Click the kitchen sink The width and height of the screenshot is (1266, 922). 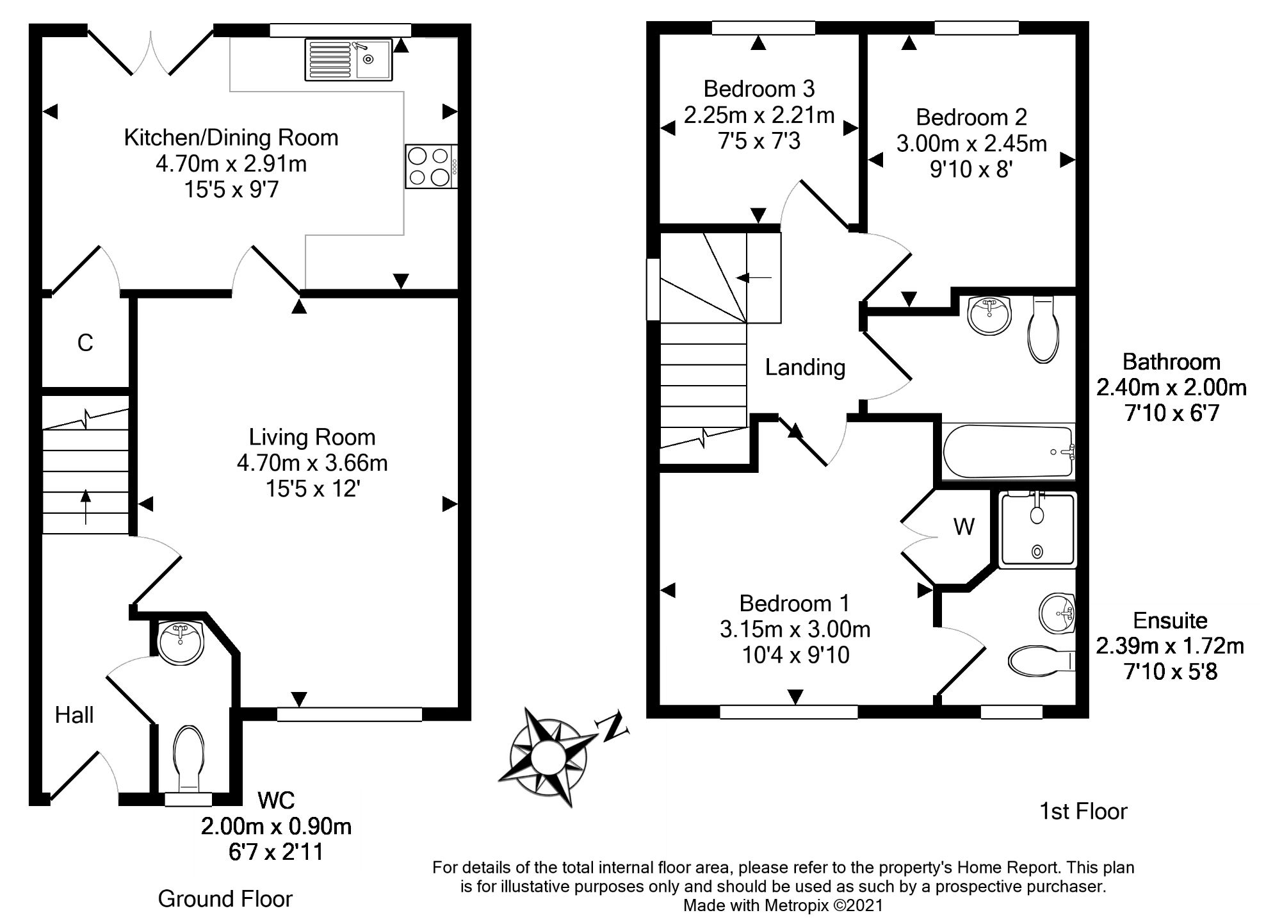click(x=349, y=60)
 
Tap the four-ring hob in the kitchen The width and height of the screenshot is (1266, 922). click(x=430, y=167)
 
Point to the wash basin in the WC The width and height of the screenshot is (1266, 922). click(x=180, y=643)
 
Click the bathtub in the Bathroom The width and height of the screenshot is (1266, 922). click(x=1008, y=451)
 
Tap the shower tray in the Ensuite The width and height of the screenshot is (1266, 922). click(x=1037, y=530)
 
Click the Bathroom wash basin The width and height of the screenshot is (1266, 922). click(x=989, y=315)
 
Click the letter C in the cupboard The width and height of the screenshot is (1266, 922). click(x=85, y=343)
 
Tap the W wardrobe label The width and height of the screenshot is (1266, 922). click(x=964, y=527)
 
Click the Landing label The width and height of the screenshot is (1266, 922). click(x=805, y=367)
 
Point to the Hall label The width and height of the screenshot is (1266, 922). click(x=74, y=715)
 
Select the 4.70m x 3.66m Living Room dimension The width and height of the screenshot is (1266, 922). click(x=312, y=463)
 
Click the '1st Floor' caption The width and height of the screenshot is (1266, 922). click(x=1083, y=811)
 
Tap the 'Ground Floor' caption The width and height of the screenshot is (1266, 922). click(x=225, y=899)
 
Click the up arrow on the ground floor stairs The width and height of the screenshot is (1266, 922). click(x=85, y=506)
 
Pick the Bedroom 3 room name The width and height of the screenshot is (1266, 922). click(x=759, y=88)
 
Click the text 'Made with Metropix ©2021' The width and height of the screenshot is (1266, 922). click(x=783, y=905)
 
